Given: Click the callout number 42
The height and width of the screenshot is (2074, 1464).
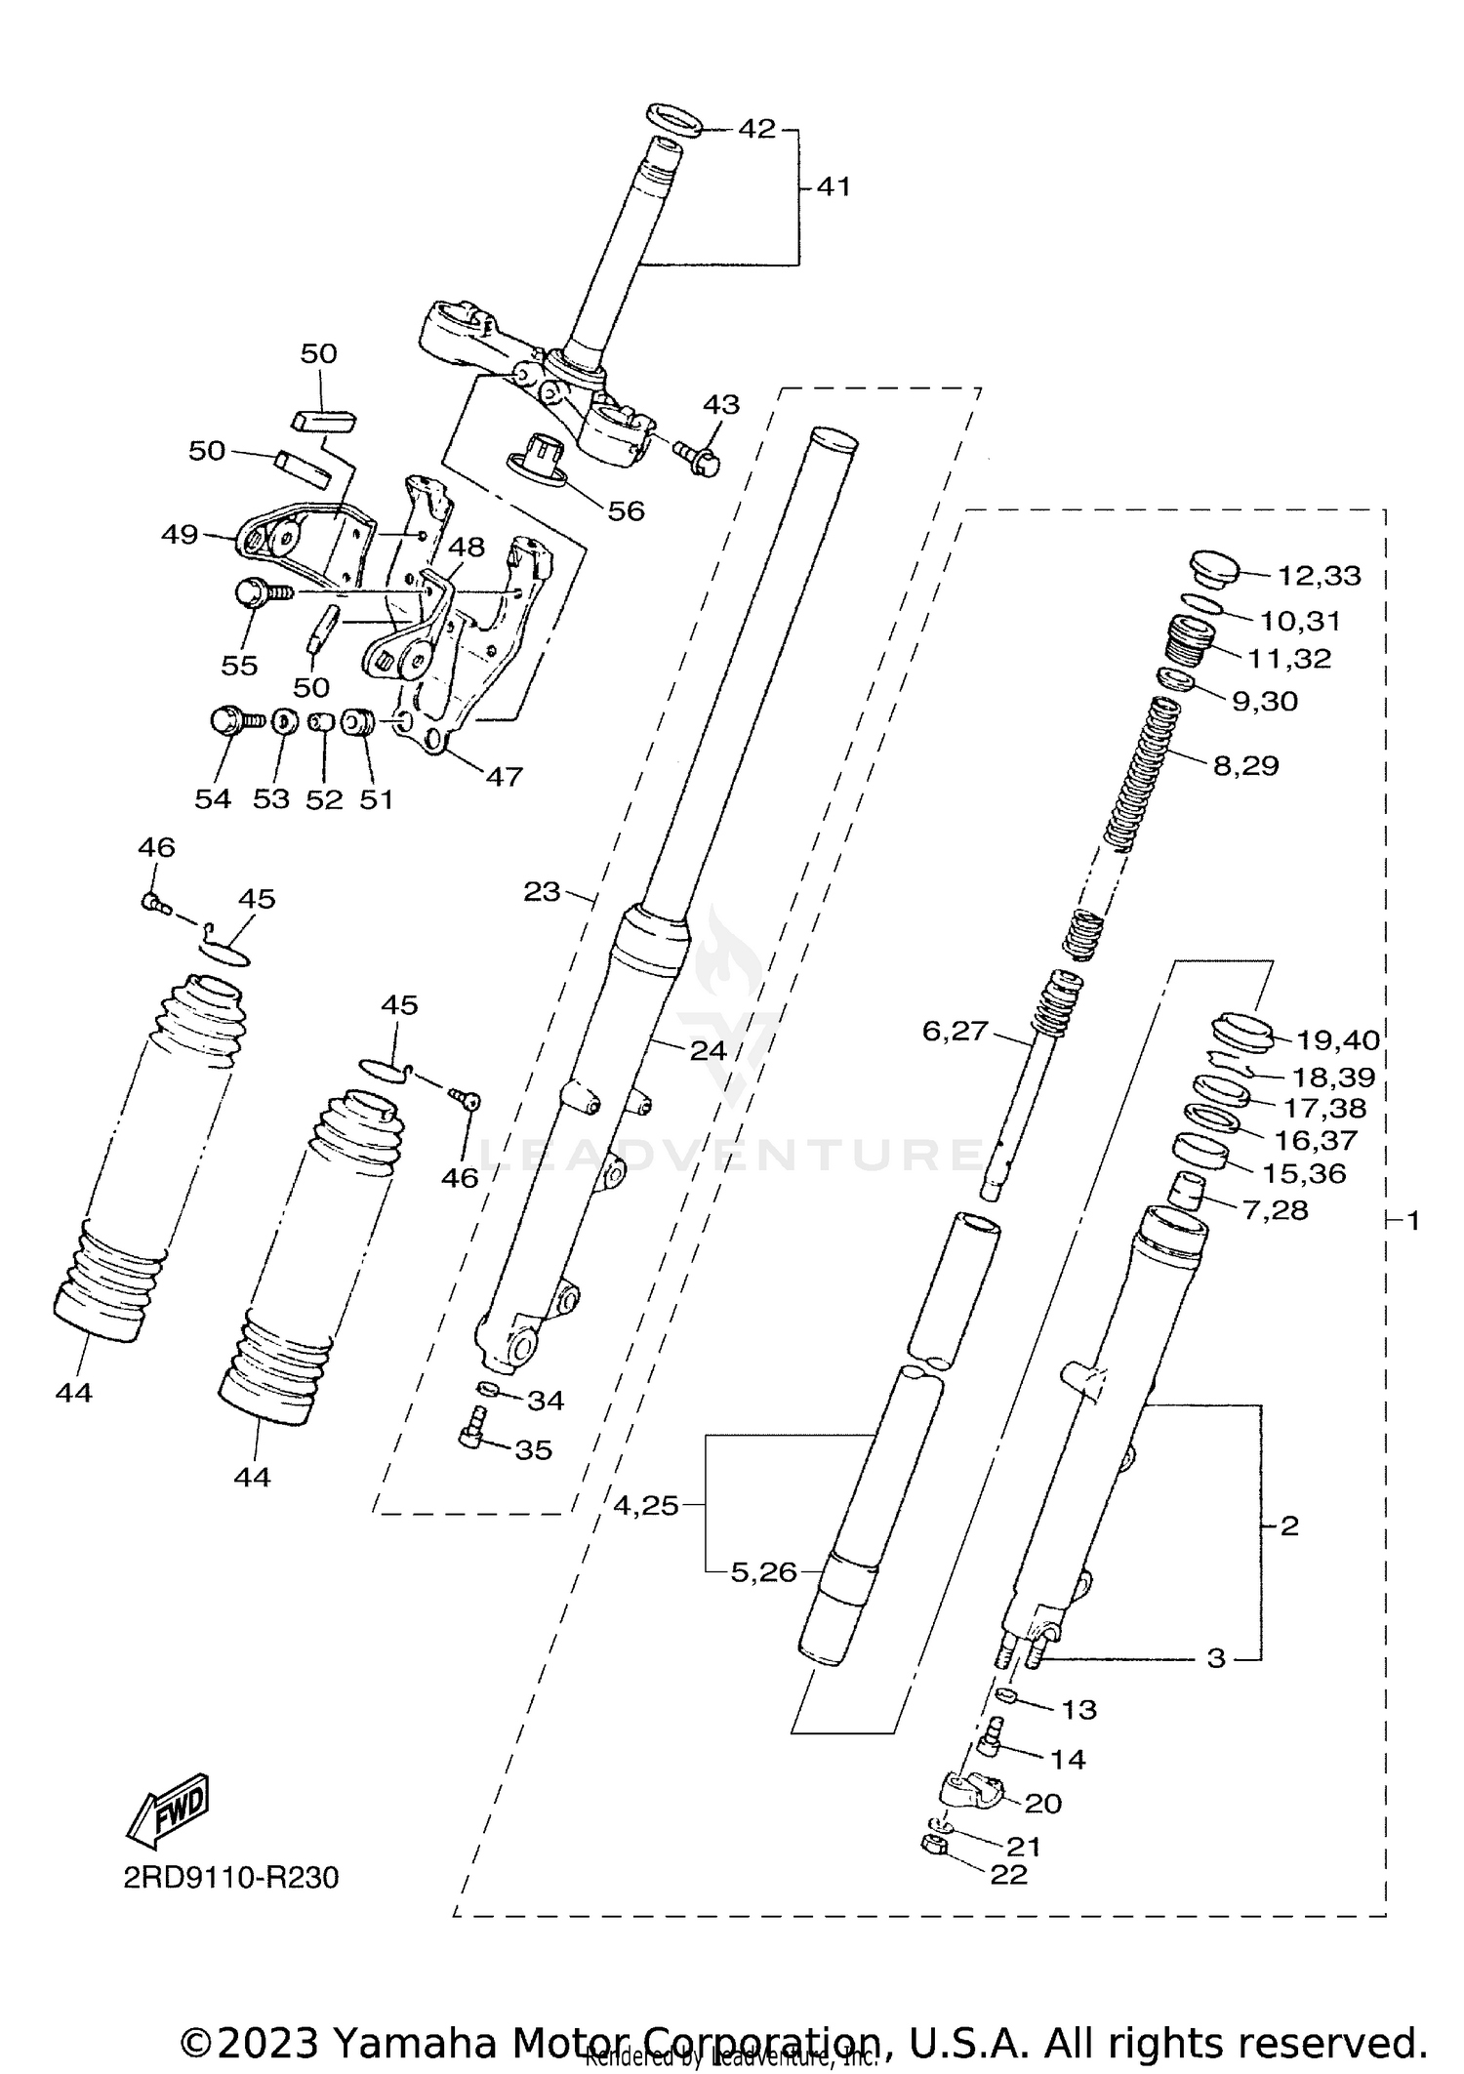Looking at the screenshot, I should (x=756, y=128).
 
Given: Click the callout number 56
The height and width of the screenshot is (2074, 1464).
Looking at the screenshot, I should (x=626, y=510).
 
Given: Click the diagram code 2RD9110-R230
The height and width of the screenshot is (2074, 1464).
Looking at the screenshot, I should (x=230, y=1877).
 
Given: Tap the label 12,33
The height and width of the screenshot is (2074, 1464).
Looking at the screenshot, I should (x=1319, y=576).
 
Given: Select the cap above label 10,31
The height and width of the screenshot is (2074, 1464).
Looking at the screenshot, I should (x=1212, y=568).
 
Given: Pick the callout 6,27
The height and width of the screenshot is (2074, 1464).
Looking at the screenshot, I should (x=956, y=1031).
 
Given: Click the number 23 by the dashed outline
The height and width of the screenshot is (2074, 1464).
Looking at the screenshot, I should (x=542, y=891).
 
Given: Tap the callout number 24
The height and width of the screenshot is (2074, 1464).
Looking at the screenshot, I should (x=709, y=1050).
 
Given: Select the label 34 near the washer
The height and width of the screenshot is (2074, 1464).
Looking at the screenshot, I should (x=546, y=1400).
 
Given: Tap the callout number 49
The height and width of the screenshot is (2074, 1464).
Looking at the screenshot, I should (x=181, y=535).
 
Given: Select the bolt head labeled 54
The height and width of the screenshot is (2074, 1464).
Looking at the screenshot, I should (x=226, y=722).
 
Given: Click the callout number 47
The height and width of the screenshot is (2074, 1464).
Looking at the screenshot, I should (x=505, y=776).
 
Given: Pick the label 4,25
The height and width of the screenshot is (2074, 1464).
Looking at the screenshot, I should (x=645, y=1506).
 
